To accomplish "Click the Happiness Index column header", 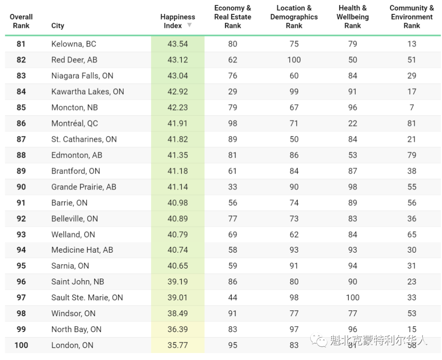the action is [x=178, y=21].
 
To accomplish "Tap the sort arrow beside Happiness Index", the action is [x=189, y=25].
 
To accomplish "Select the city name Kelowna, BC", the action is [x=74, y=44].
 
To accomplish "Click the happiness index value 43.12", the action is [x=178, y=60].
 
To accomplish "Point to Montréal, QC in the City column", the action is [x=75, y=123].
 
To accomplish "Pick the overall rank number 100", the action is [x=21, y=345].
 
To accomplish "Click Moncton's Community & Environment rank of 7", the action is [x=412, y=107].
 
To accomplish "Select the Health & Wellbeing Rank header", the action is [x=353, y=17].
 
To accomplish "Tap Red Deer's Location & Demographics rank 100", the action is [x=294, y=60].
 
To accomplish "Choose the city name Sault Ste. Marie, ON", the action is [x=87, y=298].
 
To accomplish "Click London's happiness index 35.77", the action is [x=178, y=345].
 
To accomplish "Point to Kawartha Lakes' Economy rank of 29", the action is [x=232, y=92].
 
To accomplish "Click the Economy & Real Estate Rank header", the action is [x=232, y=17].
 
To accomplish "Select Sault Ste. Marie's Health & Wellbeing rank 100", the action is [x=353, y=298].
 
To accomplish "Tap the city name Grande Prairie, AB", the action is [x=84, y=187].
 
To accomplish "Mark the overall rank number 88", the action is [x=21, y=155].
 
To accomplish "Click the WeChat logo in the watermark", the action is [x=318, y=340].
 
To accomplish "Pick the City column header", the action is [x=58, y=26].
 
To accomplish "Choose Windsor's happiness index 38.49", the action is [x=178, y=313].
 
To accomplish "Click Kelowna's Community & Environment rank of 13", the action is [x=412, y=44].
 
